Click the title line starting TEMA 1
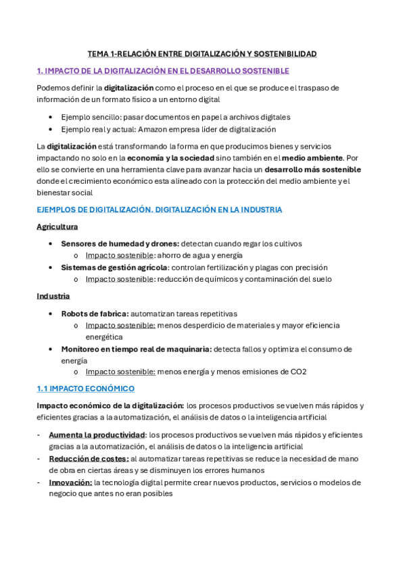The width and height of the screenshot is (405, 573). [202, 53]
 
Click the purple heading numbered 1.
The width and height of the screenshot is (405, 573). [163, 70]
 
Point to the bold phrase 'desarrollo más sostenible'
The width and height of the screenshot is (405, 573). [312, 169]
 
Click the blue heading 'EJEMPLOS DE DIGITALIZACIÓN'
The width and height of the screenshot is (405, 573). [159, 209]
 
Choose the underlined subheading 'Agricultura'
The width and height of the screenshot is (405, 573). [57, 226]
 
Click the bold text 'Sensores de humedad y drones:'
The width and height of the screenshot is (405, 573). [120, 243]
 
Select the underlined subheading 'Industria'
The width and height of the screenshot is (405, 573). [53, 296]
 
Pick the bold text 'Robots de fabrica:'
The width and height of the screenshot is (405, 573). [95, 314]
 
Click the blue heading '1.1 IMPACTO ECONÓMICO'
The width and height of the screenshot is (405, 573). [85, 389]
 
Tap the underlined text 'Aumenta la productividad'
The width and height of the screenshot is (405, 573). [97, 434]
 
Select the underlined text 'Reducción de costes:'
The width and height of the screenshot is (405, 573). [89, 459]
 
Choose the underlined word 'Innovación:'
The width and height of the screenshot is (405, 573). [70, 482]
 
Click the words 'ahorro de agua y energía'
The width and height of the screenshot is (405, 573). [200, 255]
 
